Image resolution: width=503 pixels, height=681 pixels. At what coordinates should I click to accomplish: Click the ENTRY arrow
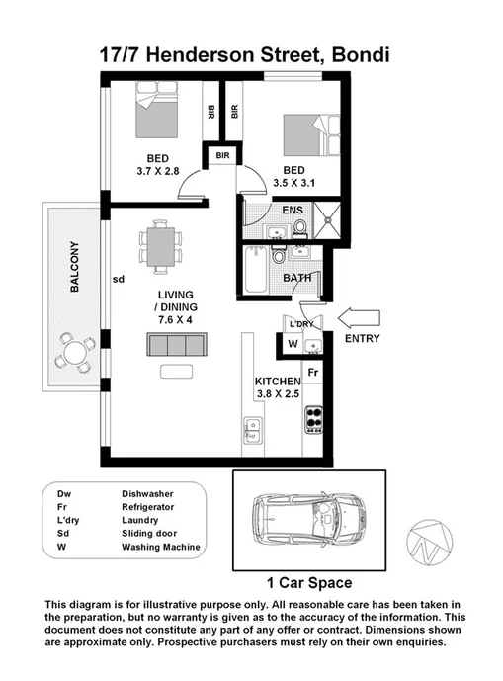point(360,316)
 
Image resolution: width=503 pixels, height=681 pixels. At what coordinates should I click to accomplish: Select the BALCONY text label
point(74,268)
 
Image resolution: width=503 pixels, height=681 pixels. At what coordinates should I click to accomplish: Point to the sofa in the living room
point(176,345)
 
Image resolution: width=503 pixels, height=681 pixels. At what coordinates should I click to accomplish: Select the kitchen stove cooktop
point(314,419)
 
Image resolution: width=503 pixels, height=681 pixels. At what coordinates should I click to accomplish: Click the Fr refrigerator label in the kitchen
point(312,372)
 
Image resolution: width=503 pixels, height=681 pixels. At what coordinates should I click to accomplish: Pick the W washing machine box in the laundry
point(293,344)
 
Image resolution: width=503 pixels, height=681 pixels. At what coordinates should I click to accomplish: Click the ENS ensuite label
point(293,210)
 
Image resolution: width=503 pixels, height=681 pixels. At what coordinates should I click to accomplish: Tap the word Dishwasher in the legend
point(149,492)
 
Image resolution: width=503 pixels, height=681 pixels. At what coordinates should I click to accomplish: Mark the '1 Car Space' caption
point(309,582)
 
